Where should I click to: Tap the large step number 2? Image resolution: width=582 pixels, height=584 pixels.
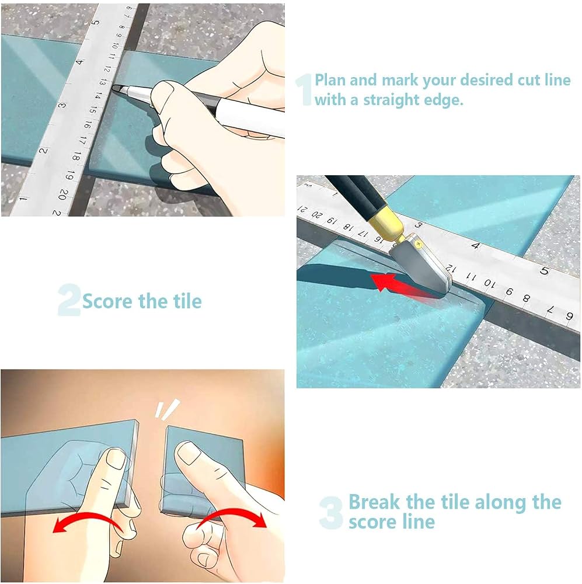click(x=69, y=300)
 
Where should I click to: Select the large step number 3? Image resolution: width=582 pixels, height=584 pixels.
click(x=330, y=513)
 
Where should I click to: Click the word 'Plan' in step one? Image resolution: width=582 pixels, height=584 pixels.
click(x=330, y=80)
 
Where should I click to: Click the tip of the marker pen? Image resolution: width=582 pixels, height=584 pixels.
click(x=114, y=88)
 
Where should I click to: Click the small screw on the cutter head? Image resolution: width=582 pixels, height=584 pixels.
click(x=419, y=244)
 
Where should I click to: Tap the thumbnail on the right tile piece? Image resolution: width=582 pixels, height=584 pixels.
click(x=187, y=452)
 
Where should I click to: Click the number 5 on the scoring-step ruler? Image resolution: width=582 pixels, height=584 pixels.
click(x=545, y=271)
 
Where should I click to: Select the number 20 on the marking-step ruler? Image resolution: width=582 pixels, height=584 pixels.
click(x=63, y=194)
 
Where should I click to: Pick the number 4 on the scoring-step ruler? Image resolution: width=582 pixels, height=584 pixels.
click(x=476, y=245)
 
